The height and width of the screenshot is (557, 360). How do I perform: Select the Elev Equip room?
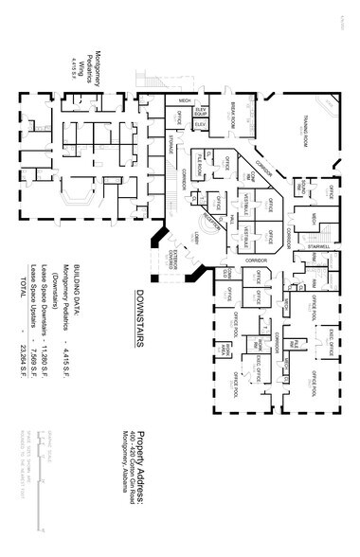[200, 112]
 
